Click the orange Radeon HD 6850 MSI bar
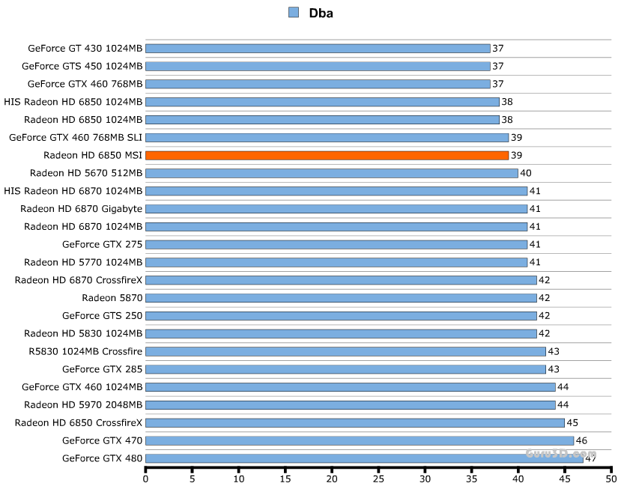pyautogui.click(x=327, y=155)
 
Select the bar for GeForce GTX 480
pyautogui.click(x=364, y=458)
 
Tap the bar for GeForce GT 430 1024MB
pyautogui.click(x=318, y=48)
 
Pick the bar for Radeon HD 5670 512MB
pyautogui.click(x=331, y=173)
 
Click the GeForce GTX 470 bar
pyautogui.click(x=360, y=440)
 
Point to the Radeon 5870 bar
pyautogui.click(x=341, y=298)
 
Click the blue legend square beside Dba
pyautogui.click(x=293, y=12)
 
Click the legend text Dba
pyautogui.click(x=321, y=12)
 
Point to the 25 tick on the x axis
pyautogui.click(x=378, y=478)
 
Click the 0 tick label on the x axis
pyautogui.click(x=146, y=478)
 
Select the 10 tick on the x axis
pyautogui.click(x=239, y=478)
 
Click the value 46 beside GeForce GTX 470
pyautogui.click(x=581, y=440)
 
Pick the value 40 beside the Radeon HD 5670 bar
pyautogui.click(x=526, y=173)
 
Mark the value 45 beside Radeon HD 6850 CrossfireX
pyautogui.click(x=572, y=422)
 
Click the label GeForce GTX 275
pyautogui.click(x=102, y=244)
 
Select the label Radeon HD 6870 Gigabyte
pyautogui.click(x=81, y=209)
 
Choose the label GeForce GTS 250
pyautogui.click(x=102, y=315)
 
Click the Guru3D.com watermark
pyautogui.click(x=561, y=454)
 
